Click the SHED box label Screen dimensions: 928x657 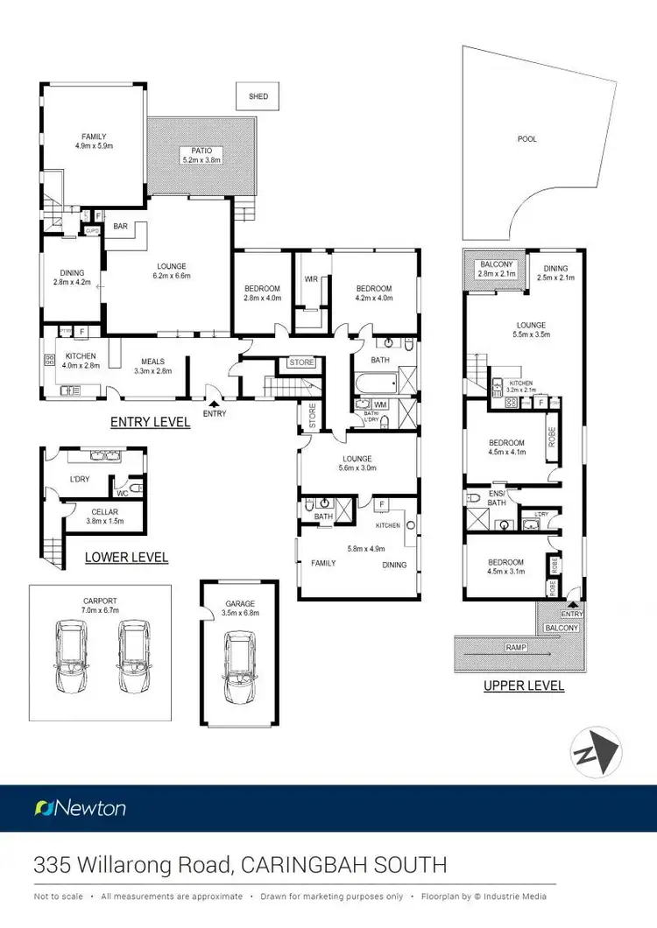(x=258, y=96)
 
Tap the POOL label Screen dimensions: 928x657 (x=526, y=139)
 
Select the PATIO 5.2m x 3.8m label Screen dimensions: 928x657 (x=201, y=155)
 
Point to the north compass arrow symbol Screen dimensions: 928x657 (x=597, y=750)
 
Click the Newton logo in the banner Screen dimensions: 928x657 (x=80, y=808)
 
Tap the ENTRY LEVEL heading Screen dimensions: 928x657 (x=150, y=422)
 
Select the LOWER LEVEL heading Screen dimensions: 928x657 (x=126, y=557)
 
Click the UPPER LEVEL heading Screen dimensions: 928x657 (x=524, y=686)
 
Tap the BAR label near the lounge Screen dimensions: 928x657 (x=121, y=227)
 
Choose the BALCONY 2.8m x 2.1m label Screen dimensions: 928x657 (x=496, y=269)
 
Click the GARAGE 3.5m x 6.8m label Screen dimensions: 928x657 (x=239, y=608)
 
